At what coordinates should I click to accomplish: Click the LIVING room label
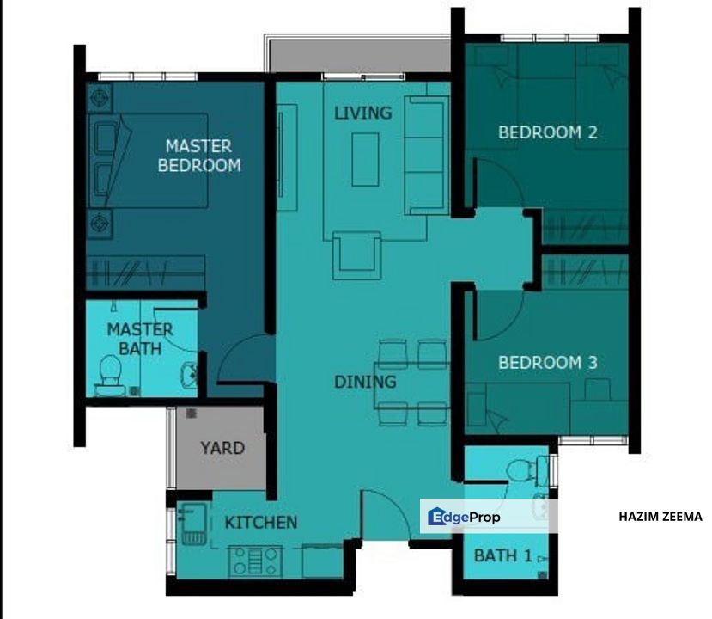tap(362, 113)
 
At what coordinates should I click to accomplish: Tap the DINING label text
tap(365, 382)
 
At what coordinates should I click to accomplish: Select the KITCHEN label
tap(261, 522)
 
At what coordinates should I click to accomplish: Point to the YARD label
tap(222, 448)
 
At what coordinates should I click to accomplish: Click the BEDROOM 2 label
tap(548, 132)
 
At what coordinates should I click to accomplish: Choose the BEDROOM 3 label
tap(548, 362)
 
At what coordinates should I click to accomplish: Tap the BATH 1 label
tap(502, 555)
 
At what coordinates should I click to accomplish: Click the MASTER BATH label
tap(140, 339)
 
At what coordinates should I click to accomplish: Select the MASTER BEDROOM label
tap(199, 156)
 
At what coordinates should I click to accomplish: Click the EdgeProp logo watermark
tap(464, 517)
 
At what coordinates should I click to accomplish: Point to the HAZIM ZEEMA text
tap(660, 517)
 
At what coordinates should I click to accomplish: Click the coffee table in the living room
tap(365, 159)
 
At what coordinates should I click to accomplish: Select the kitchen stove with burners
tap(255, 561)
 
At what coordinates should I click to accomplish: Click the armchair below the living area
tap(356, 255)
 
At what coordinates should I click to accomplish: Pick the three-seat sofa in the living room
tap(424, 155)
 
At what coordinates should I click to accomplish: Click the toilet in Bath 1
tap(526, 469)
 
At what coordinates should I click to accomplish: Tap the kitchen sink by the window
tap(193, 523)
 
